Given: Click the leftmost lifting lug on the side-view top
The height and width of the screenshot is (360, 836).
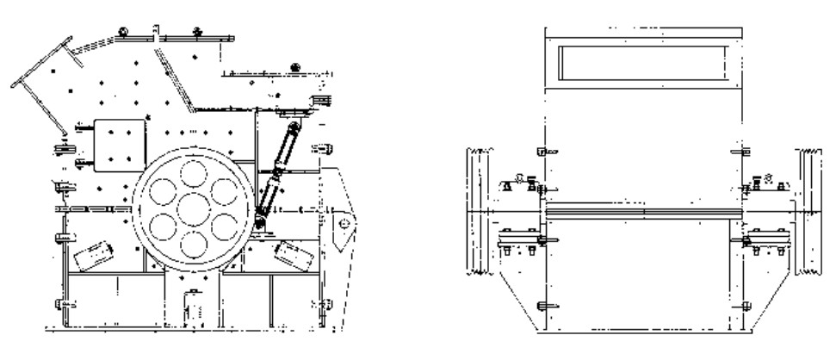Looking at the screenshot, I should pyautogui.click(x=123, y=33).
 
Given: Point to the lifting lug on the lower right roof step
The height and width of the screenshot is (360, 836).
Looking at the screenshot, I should pyautogui.click(x=296, y=65).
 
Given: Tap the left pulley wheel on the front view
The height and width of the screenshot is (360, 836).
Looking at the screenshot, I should pyautogui.click(x=477, y=211).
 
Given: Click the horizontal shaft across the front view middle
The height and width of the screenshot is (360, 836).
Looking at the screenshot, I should pyautogui.click(x=642, y=210).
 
